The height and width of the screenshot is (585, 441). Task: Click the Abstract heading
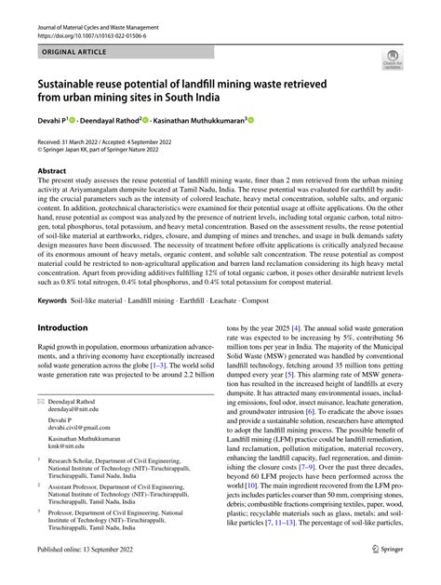[x=52, y=172]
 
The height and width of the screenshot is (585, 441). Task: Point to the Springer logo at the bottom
[x=391, y=576]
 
